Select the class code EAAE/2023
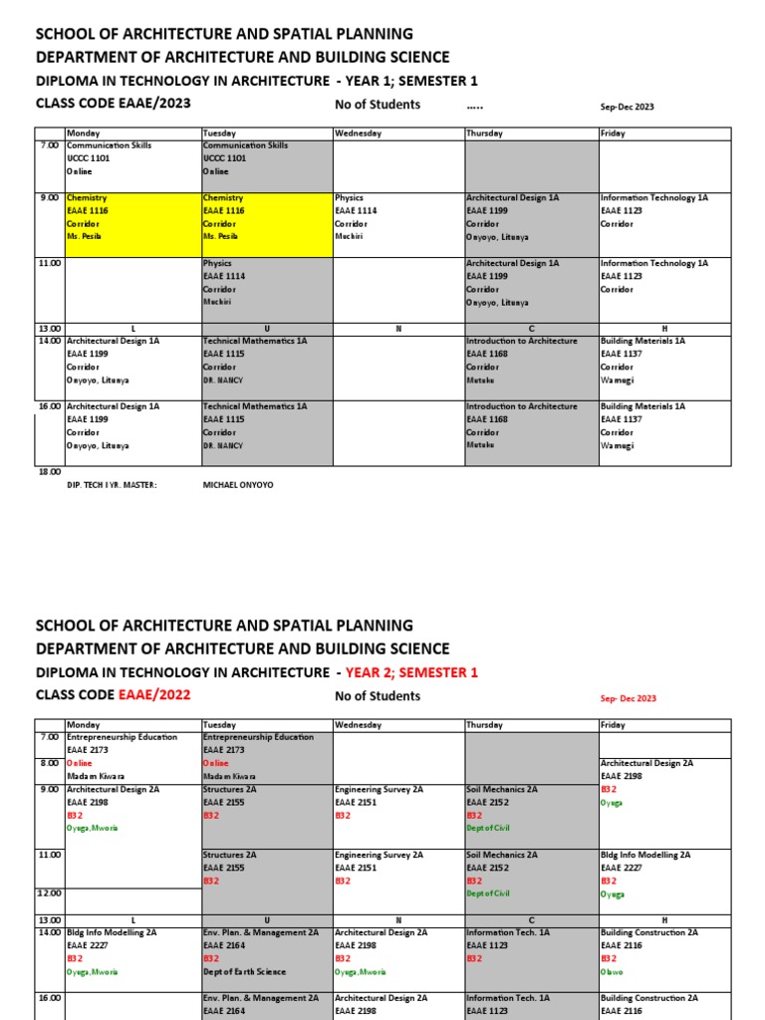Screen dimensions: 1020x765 point(154,103)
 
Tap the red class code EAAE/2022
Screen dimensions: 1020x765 point(154,694)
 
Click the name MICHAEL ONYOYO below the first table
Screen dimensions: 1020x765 point(237,485)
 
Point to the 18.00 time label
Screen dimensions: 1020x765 point(49,472)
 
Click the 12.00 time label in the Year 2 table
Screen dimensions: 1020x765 point(49,893)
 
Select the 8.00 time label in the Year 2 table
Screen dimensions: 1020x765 point(51,763)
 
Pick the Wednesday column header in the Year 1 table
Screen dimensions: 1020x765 point(358,133)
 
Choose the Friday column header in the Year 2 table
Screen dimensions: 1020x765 point(613,725)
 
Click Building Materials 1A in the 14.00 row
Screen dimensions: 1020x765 point(642,341)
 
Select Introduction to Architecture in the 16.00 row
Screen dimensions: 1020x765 point(521,406)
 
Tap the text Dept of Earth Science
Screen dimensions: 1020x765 point(244,971)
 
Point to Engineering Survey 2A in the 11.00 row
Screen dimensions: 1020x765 point(379,855)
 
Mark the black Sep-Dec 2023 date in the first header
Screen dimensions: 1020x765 point(627,107)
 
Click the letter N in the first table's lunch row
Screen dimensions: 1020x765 point(397,329)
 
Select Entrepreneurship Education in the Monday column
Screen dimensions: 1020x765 point(122,737)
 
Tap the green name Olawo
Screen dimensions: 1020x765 point(612,971)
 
